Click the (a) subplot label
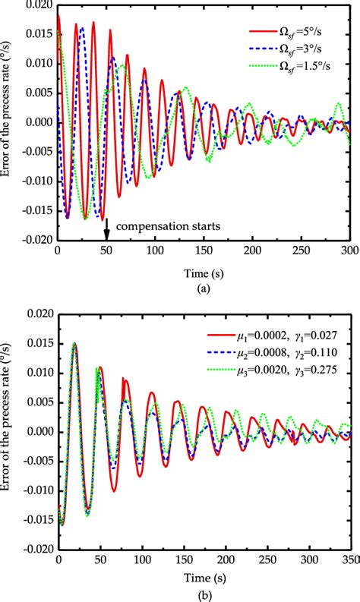click(204, 288)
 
